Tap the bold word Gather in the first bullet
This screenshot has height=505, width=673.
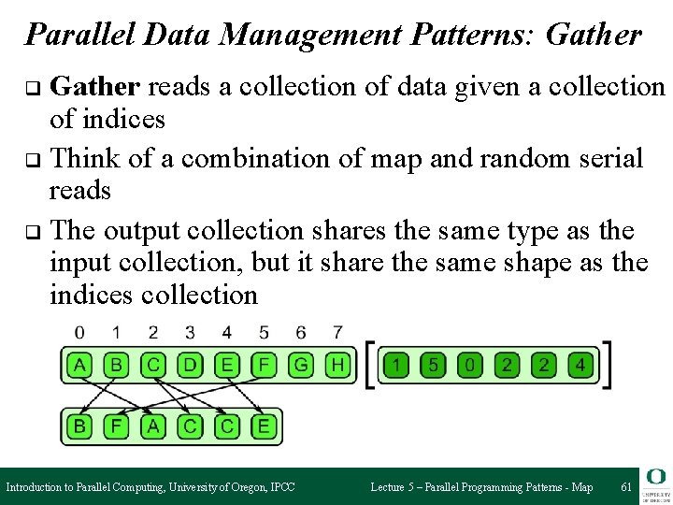pyautogui.click(x=95, y=87)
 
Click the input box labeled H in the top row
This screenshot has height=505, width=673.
pyautogui.click(x=336, y=365)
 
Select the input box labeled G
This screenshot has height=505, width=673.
pyautogui.click(x=301, y=365)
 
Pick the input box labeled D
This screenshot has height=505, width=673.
pyautogui.click(x=190, y=365)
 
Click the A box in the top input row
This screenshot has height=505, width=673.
pyautogui.click(x=80, y=365)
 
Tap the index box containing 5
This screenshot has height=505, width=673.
pyautogui.click(x=433, y=365)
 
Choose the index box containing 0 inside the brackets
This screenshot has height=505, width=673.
pyautogui.click(x=469, y=365)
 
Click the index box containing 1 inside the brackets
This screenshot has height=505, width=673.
pyautogui.click(x=396, y=365)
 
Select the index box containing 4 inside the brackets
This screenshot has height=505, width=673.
pyautogui.click(x=580, y=365)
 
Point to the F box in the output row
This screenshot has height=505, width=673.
pyautogui.click(x=117, y=427)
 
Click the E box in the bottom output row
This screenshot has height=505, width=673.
pyautogui.click(x=264, y=427)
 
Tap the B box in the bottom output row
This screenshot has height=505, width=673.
pyautogui.click(x=80, y=427)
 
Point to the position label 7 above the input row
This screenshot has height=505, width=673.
pyautogui.click(x=336, y=332)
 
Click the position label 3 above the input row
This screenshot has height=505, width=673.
pyautogui.click(x=190, y=332)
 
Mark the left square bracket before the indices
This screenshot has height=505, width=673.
pyautogui.click(x=370, y=365)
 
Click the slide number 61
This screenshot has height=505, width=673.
pyautogui.click(x=625, y=487)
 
